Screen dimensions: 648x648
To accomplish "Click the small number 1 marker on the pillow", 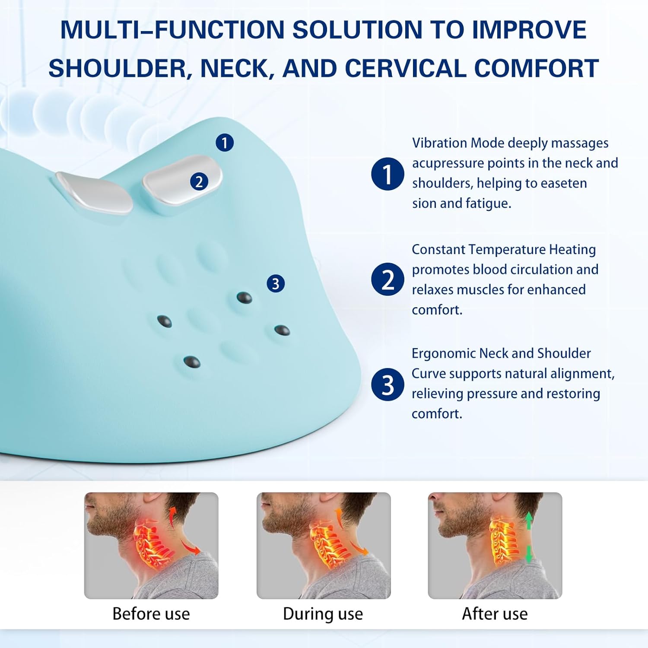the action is pos(225,143).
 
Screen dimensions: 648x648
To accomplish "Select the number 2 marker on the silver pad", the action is pos(199,181).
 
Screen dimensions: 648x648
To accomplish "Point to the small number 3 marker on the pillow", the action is pos(276,284).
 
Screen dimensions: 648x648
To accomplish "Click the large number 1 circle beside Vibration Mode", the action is pos(388,174).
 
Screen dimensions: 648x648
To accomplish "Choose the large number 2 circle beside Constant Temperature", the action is pos(388,280).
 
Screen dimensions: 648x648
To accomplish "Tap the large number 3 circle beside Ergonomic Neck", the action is pos(388,384).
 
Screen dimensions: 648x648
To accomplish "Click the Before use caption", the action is pos(151,614).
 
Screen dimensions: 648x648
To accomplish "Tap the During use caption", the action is pos(323,614).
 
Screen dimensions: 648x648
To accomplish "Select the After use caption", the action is pos(495,614).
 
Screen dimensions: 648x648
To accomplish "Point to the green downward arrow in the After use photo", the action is pos(528,554).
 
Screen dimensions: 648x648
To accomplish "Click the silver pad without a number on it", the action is pos(95,192).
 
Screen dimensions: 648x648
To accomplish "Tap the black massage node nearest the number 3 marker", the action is pos(245,298).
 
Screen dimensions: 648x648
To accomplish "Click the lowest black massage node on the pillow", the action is pos(192,362).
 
